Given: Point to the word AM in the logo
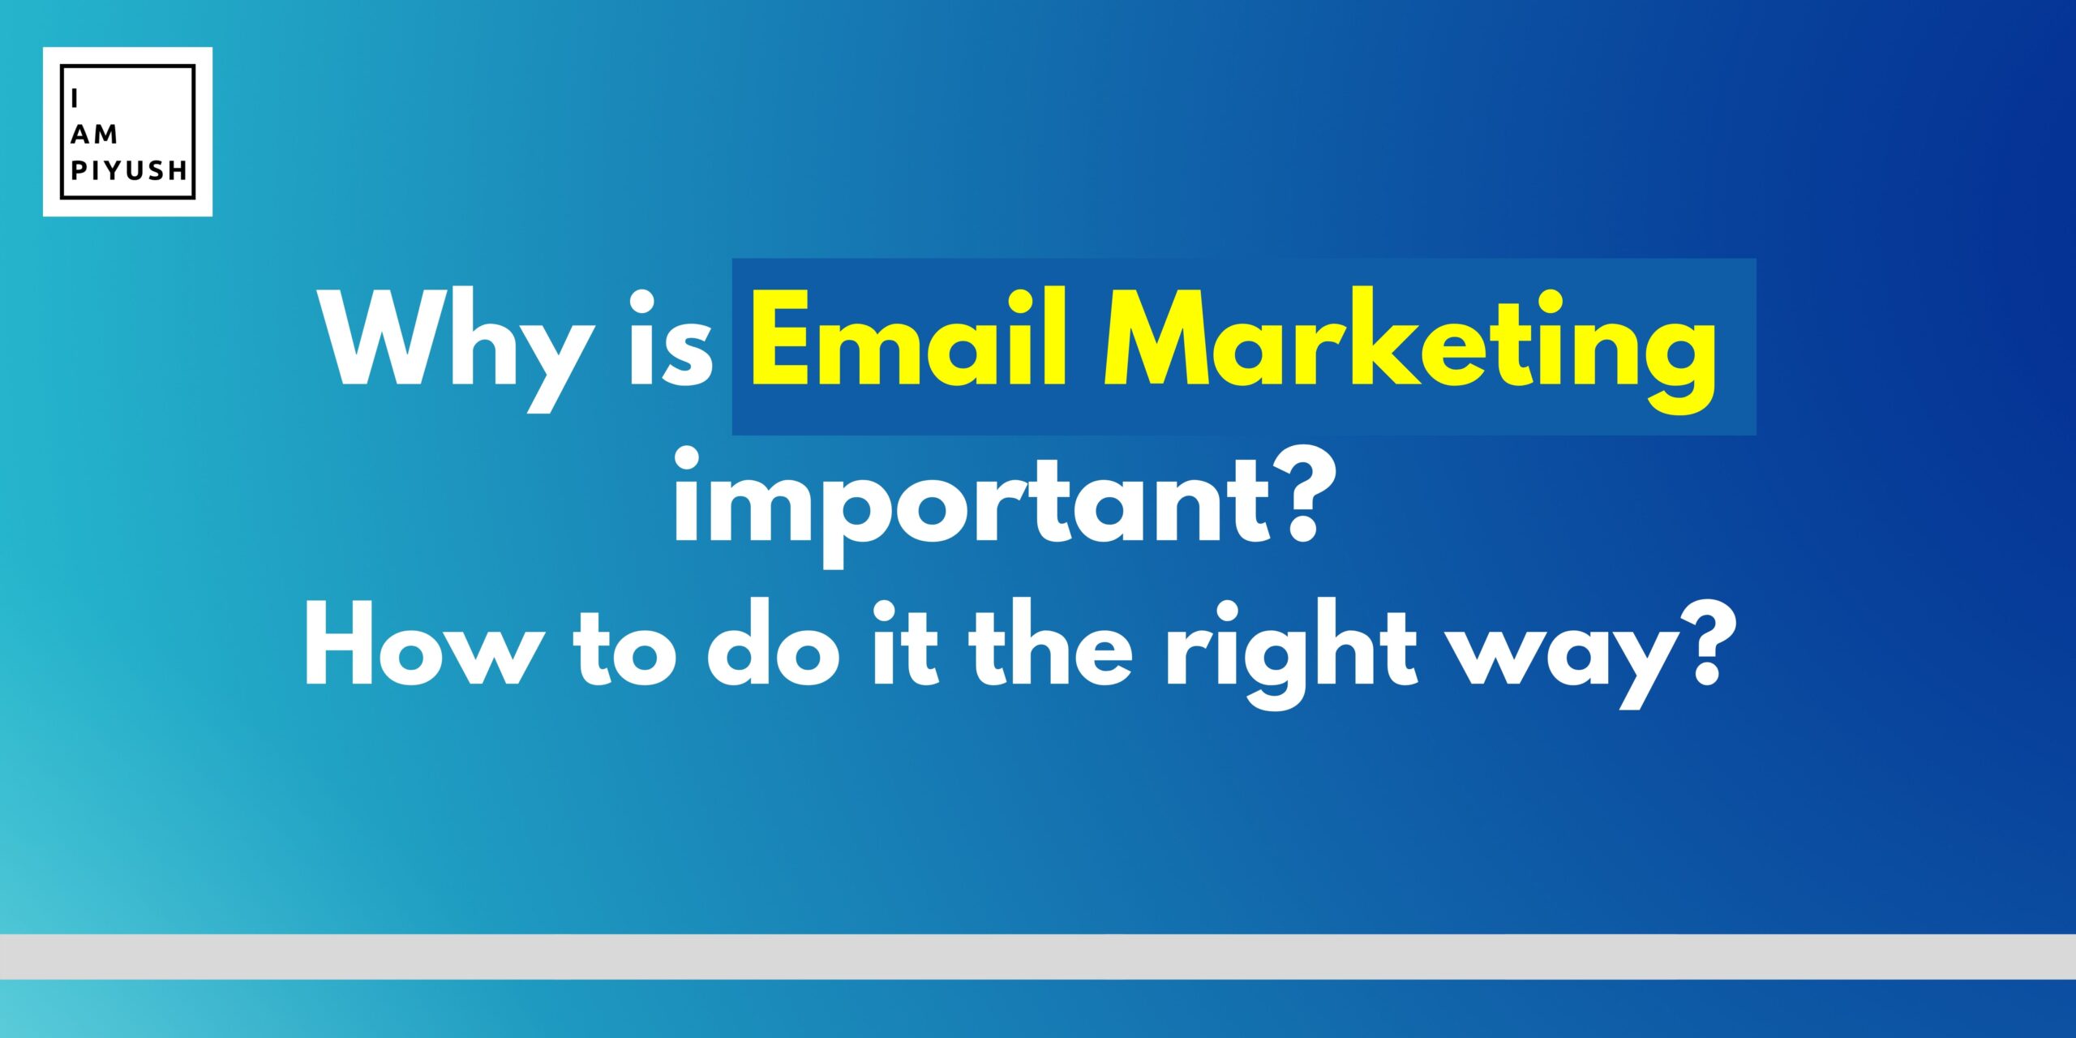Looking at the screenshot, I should point(95,135).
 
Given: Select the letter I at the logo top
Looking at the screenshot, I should point(75,98).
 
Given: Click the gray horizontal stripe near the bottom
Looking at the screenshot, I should point(1038,956).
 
